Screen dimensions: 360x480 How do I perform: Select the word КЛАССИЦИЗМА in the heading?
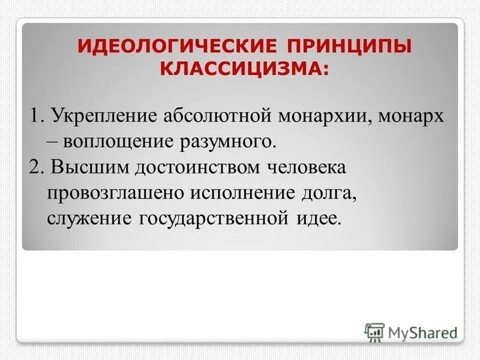[x=240, y=68]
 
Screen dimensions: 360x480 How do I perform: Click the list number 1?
[x=35, y=115]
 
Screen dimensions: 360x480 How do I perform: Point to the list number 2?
[x=35, y=167]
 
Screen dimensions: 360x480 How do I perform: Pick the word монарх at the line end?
[x=413, y=115]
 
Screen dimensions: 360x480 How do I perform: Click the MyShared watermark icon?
[x=374, y=331]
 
